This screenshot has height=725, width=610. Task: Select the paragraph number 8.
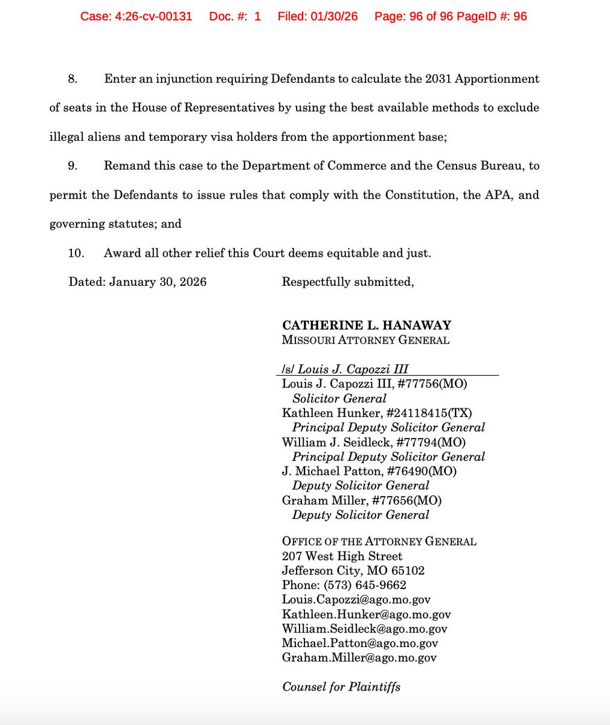coord(72,79)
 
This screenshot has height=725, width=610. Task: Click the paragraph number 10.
coord(76,253)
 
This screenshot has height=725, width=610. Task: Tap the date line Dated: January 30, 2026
coord(137,282)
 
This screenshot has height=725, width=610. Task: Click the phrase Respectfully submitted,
coord(348,282)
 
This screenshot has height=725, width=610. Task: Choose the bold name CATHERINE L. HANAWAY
coord(367,326)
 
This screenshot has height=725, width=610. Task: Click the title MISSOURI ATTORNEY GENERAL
coord(365,340)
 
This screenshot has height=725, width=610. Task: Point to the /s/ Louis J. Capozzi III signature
coord(345,369)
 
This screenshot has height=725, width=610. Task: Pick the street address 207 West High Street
coord(342,556)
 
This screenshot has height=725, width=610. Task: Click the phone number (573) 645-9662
coord(365,585)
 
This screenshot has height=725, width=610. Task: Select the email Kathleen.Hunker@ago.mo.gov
coord(366,614)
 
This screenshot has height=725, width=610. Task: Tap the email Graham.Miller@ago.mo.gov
coord(359,658)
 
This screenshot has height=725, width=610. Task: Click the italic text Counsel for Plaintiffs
coord(341,686)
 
